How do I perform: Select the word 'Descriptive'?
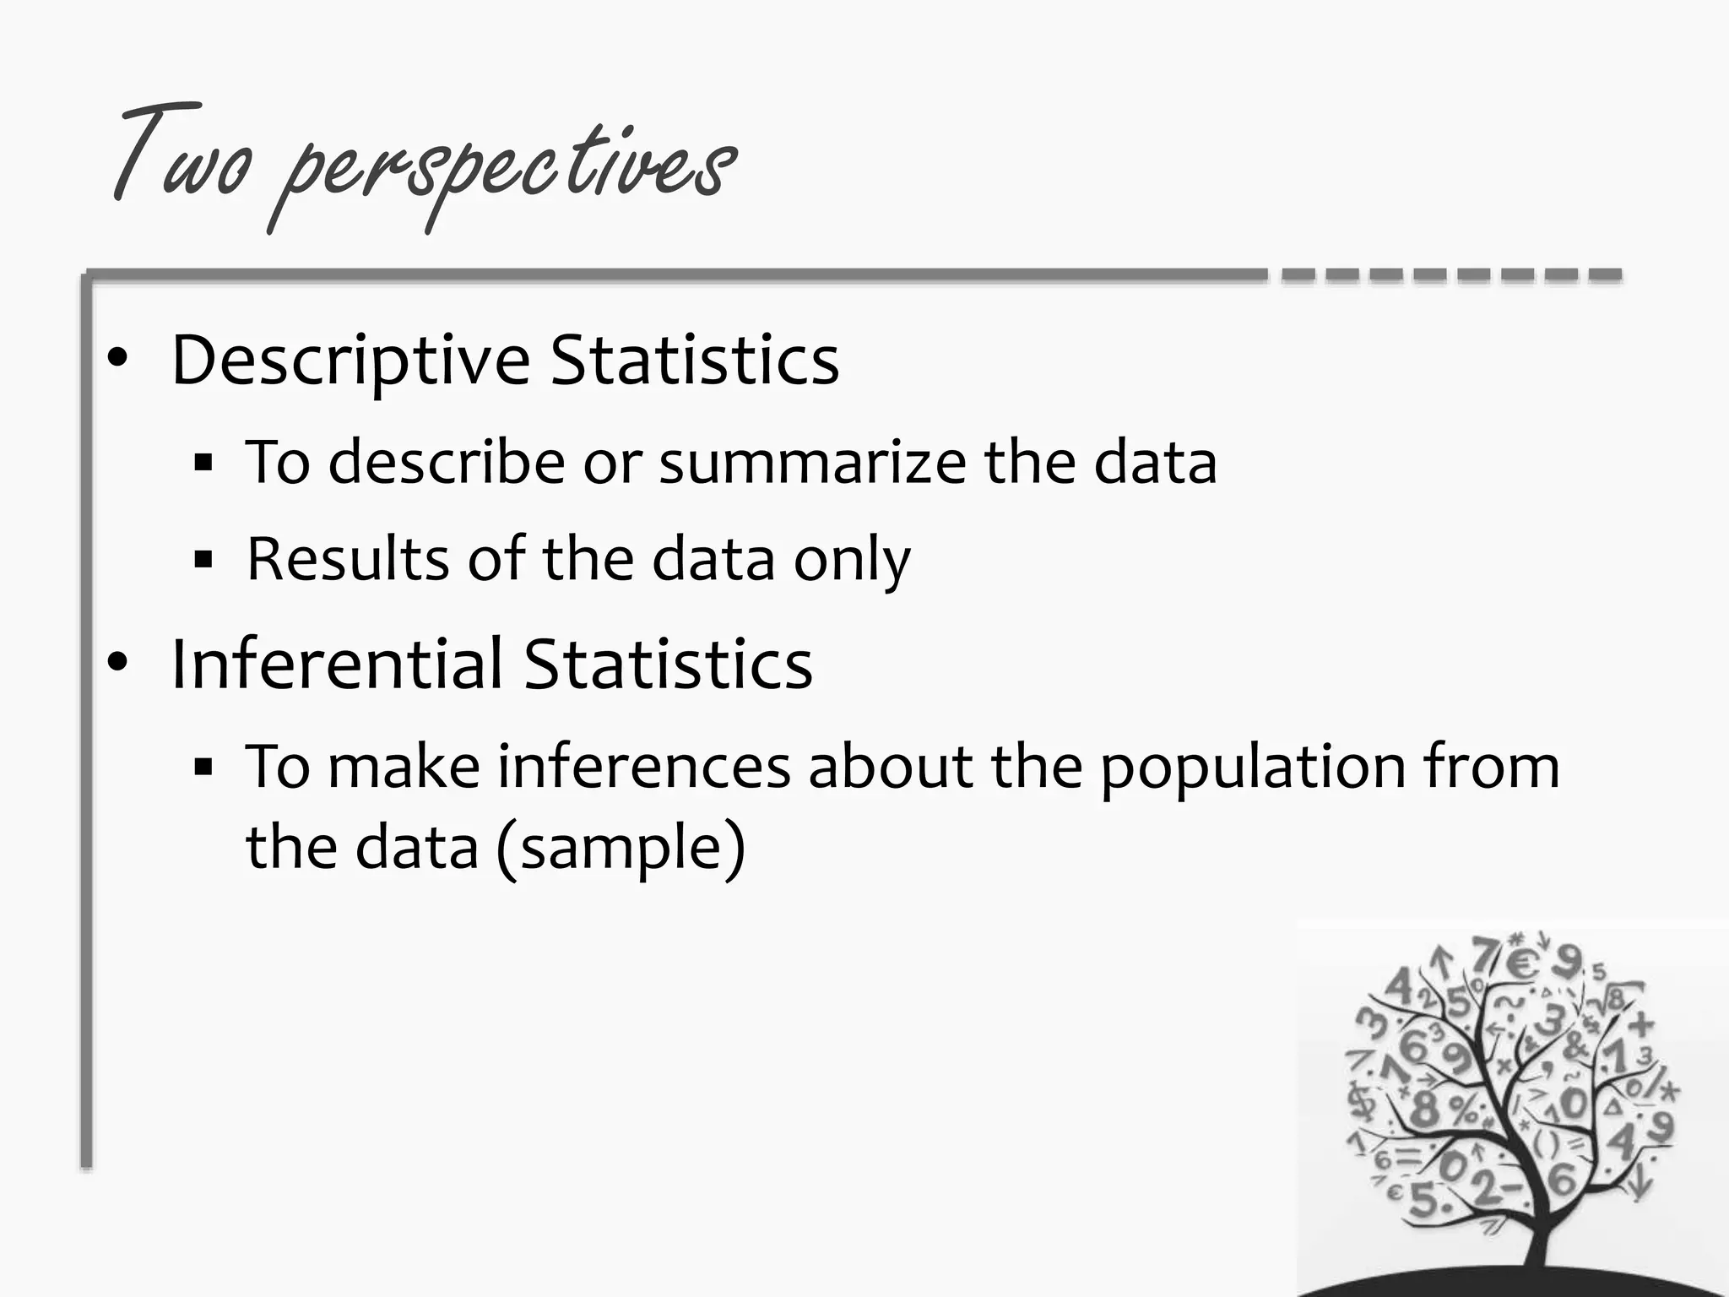coord(350,361)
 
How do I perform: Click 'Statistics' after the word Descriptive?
coord(694,360)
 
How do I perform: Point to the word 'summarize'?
coord(812,463)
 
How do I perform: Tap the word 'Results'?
coord(348,559)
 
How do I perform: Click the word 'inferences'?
coord(643,767)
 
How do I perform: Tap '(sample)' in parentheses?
coord(621,848)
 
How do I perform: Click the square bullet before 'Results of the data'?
coord(203,559)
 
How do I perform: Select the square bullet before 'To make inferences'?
coord(203,767)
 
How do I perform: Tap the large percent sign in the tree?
coord(1466,1109)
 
